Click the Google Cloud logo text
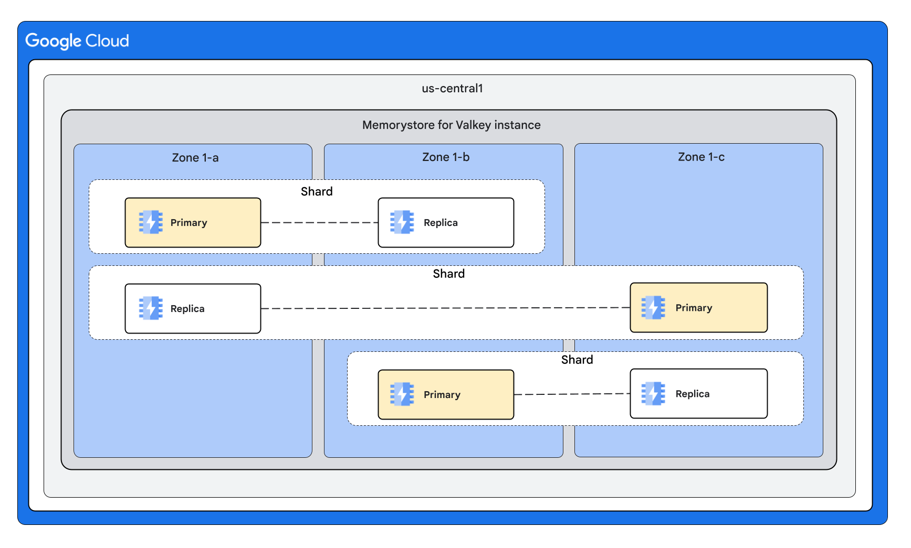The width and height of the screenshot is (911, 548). [x=77, y=41]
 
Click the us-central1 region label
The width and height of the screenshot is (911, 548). [x=452, y=88]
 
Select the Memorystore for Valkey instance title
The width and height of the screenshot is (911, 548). [x=451, y=125]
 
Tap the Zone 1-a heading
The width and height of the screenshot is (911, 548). [x=195, y=157]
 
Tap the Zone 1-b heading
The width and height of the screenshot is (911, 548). [x=445, y=157]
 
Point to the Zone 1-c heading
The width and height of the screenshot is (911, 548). [x=700, y=157]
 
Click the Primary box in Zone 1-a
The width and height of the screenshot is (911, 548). [x=193, y=222]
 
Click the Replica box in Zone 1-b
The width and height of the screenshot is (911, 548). [x=445, y=222]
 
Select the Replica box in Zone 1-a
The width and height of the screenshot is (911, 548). [x=193, y=308]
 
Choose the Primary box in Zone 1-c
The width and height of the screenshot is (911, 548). [x=698, y=308]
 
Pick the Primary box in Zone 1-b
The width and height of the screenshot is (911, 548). [x=445, y=394]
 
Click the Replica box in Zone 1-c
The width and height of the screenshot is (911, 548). [x=698, y=393]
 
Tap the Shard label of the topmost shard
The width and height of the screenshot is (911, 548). [x=317, y=191]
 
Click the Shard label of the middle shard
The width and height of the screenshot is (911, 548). [x=448, y=274]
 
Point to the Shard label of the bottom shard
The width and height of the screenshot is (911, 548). [x=577, y=360]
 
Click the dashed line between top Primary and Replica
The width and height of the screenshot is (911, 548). [x=319, y=223]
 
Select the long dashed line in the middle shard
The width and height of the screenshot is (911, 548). [x=445, y=308]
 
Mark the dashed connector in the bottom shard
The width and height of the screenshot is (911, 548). [x=572, y=394]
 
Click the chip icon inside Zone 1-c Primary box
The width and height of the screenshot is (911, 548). [x=653, y=308]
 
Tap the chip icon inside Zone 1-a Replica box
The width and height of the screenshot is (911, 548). [x=151, y=308]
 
